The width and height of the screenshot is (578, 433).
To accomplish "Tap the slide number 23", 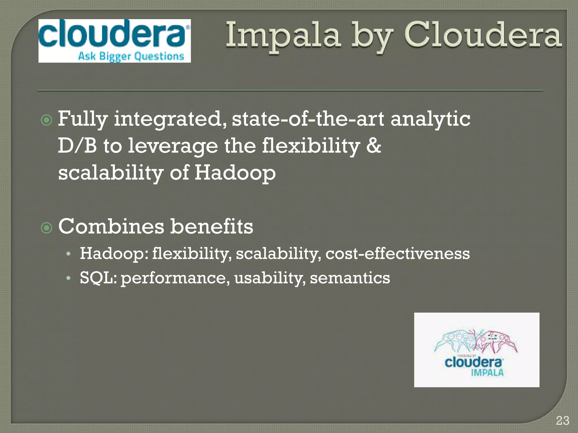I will pyautogui.click(x=562, y=421).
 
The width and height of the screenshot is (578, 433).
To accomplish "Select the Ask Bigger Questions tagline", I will pyautogui.click(x=131, y=56).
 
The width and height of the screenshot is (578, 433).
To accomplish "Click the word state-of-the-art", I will pyautogui.click(x=308, y=119).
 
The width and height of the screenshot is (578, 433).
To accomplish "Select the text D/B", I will pyautogui.click(x=77, y=146).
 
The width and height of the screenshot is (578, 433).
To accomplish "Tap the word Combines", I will pyautogui.click(x=111, y=226).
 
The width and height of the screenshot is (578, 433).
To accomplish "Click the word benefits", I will pyautogui.click(x=212, y=226).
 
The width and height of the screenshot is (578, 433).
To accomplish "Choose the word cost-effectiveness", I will pyautogui.click(x=397, y=253).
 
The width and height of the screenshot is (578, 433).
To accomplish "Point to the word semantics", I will pyautogui.click(x=350, y=278).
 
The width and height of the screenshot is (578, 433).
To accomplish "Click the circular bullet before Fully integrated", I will pyautogui.click(x=47, y=120).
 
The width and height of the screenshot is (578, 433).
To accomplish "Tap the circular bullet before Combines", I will pyautogui.click(x=47, y=228).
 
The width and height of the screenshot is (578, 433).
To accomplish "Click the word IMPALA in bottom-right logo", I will pyautogui.click(x=487, y=373).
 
